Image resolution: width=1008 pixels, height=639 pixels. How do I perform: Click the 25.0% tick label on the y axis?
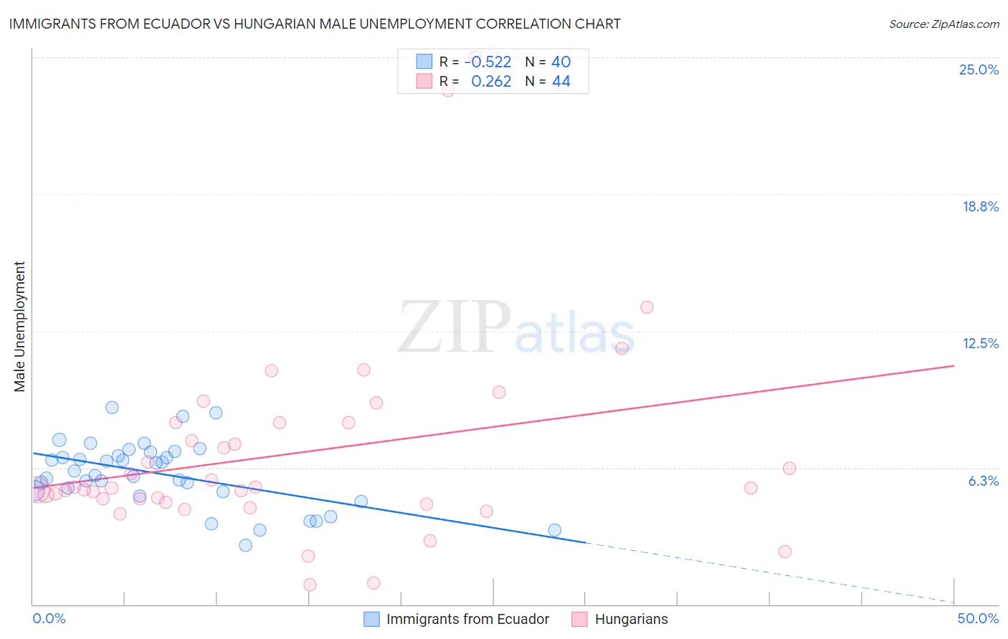[x=979, y=69]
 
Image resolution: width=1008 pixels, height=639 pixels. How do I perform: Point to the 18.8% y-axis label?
[x=980, y=206]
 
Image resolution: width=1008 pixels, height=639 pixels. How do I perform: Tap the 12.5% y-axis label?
[x=980, y=343]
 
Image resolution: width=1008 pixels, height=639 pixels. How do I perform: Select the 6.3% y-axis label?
[x=983, y=481]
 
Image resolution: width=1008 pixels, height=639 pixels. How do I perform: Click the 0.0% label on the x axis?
[x=49, y=618]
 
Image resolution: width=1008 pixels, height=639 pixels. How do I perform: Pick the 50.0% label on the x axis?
[x=977, y=618]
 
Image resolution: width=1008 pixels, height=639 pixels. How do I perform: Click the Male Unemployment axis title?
[x=20, y=327]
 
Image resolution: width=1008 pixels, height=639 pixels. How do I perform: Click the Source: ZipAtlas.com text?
[x=943, y=24]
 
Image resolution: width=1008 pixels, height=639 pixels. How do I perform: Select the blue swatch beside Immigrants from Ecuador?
[x=371, y=619]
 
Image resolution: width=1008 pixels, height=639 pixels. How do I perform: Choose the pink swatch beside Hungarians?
[x=579, y=619]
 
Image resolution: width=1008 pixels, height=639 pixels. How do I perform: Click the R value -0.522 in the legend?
[x=488, y=62]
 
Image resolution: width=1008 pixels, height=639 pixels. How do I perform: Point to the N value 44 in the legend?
[x=561, y=82]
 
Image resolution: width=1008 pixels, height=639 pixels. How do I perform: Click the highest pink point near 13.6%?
[x=647, y=307]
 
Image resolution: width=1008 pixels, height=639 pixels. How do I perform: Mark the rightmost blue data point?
[x=554, y=530]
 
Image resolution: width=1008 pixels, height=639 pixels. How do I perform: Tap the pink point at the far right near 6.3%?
[x=789, y=469]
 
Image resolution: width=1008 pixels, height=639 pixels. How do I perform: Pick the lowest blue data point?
[x=245, y=545]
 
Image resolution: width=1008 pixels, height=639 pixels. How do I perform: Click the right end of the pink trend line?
[x=954, y=366]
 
